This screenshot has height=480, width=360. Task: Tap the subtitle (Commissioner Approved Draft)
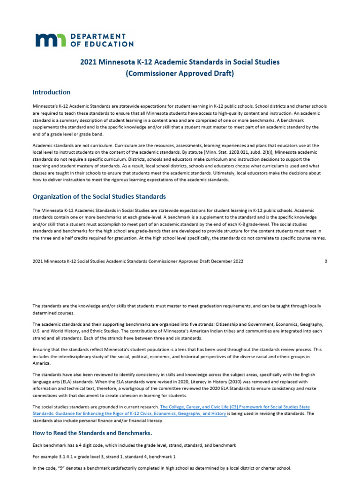pos(180,74)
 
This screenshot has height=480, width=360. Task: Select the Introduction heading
pos(52,92)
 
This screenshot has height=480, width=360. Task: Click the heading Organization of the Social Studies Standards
pos(99,196)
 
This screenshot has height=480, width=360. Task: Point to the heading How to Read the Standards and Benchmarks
pos(92,432)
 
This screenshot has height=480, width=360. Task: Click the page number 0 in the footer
pos(326,261)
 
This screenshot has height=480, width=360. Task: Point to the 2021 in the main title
pos(89,62)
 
